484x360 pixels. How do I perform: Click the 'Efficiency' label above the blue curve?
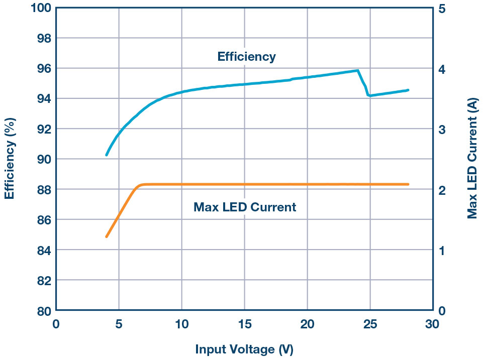246,57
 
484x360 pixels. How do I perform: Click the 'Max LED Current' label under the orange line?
245,207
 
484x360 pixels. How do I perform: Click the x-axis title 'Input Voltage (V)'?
244,349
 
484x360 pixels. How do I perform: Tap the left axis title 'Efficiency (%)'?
10,159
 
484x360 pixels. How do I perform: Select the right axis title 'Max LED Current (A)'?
472,159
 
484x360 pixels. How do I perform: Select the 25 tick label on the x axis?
370,324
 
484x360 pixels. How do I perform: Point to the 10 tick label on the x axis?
181,324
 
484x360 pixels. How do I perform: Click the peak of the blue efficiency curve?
357,71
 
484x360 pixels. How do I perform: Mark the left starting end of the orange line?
107,236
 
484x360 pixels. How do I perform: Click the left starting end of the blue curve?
107,155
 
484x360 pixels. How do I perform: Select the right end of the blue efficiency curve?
408,90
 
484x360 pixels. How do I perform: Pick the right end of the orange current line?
408,184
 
